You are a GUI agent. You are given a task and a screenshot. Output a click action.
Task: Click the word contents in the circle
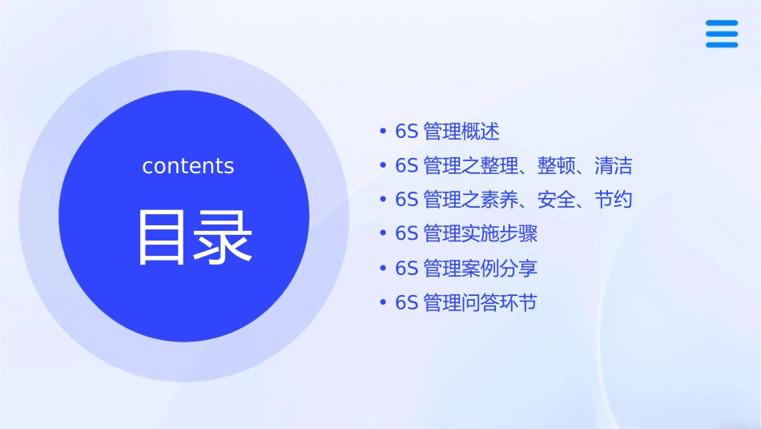tap(188, 166)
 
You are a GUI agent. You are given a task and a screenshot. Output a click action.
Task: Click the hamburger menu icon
tap(722, 34)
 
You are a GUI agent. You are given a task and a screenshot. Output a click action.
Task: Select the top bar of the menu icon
tap(722, 23)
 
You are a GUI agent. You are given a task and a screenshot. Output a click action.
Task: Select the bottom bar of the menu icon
tap(722, 44)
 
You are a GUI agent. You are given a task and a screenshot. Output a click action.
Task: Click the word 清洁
tap(614, 166)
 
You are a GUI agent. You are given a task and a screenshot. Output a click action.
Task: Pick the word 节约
tap(614, 200)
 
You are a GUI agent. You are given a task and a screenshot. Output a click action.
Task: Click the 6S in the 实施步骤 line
tap(407, 234)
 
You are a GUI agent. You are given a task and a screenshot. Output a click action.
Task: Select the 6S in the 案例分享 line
tap(407, 269)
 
